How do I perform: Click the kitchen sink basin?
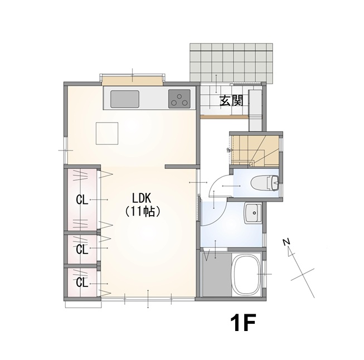[x=125, y=99]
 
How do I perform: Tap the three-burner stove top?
[x=179, y=99]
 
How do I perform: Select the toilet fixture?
[x=265, y=183]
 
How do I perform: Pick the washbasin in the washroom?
[x=253, y=213]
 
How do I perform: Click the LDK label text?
[x=142, y=198]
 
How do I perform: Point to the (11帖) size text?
[x=142, y=211]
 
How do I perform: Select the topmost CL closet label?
[x=82, y=200]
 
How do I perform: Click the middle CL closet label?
[x=82, y=249]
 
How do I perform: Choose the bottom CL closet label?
[x=82, y=282]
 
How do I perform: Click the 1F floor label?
[x=243, y=323]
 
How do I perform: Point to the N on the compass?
[x=287, y=242]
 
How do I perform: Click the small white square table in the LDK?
[x=107, y=133]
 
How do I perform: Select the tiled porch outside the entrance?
[x=231, y=62]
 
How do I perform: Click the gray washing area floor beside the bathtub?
[x=217, y=275]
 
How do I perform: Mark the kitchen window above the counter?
[x=132, y=80]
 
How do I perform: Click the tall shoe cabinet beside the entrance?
[x=255, y=110]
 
